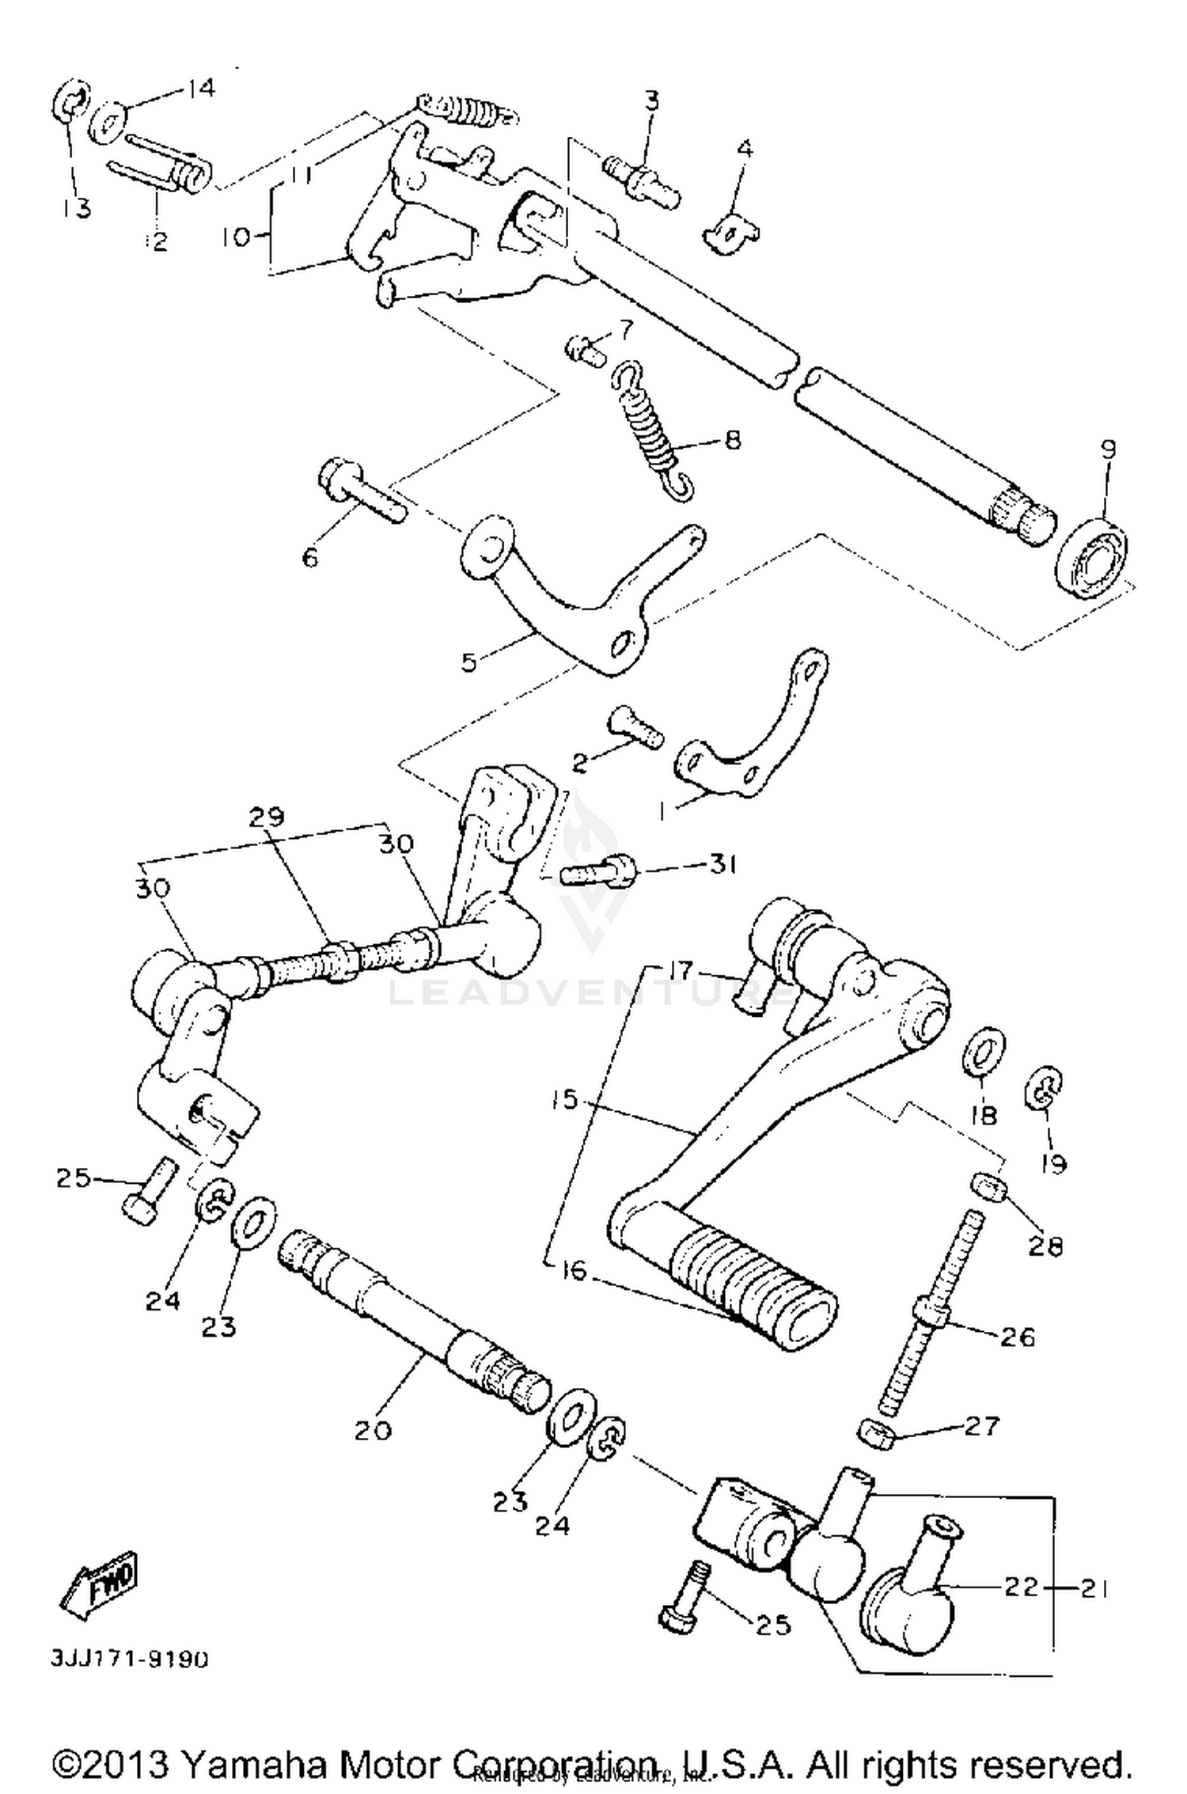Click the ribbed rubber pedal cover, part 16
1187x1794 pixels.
pyautogui.click(x=752, y=1284)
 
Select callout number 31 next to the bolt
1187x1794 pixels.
pyautogui.click(x=721, y=864)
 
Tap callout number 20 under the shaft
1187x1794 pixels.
pyautogui.click(x=373, y=1430)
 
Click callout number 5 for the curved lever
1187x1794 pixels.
pyautogui.click(x=469, y=662)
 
